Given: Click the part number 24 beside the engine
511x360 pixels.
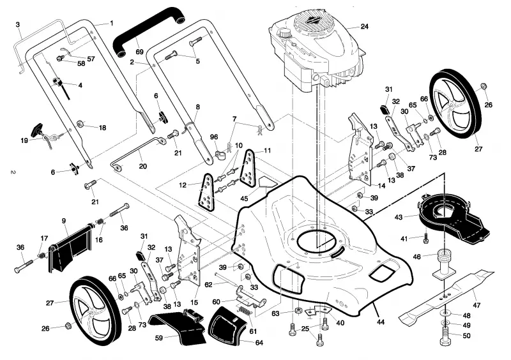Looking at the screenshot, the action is tap(364, 26).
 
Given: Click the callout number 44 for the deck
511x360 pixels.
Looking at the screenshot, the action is tap(380, 322).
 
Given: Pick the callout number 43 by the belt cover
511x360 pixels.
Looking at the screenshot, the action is tap(399, 217).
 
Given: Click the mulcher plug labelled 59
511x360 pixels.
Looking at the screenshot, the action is tap(178, 326).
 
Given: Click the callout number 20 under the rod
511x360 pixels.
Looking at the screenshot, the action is tap(142, 166).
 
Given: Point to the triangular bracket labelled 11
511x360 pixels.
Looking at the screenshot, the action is tap(249, 169).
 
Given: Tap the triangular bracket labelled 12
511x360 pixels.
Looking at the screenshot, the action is tap(206, 192).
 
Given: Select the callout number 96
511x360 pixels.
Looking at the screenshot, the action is tap(214, 137).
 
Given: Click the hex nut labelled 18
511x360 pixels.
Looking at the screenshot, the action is tap(80, 124).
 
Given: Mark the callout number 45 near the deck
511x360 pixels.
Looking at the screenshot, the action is tap(244, 199).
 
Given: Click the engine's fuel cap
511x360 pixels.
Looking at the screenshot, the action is tap(284, 33).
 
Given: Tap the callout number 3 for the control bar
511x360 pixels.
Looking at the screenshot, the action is tap(18, 24).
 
